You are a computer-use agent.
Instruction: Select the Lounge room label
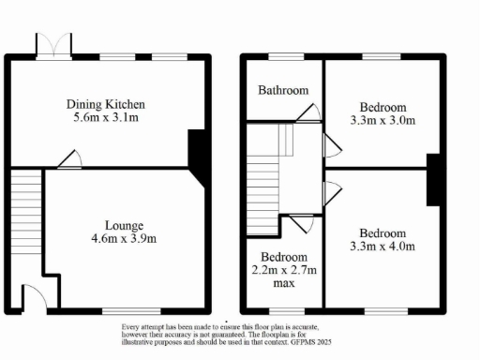point(124,225)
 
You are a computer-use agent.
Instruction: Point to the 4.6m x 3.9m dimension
point(124,240)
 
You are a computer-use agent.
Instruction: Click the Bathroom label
point(283,91)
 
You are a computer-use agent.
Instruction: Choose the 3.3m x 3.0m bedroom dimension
point(382,120)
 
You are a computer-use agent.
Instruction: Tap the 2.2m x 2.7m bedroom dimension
point(283,271)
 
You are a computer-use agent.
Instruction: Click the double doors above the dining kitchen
point(52,44)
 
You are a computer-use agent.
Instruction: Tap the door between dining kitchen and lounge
point(67,161)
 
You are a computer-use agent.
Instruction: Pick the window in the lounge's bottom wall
point(120,310)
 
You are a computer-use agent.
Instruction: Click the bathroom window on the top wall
point(282,58)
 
